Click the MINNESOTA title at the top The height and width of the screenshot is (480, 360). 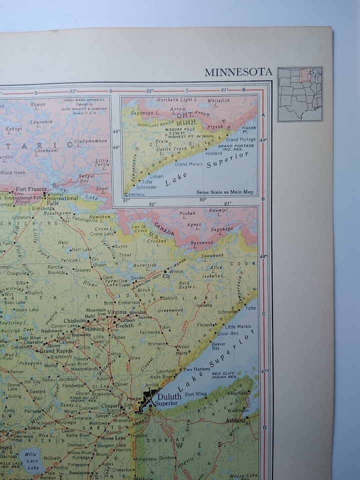point(238,72)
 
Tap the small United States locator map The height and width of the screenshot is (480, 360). point(300,94)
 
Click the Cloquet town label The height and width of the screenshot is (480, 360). point(110,406)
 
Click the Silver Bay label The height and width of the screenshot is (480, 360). point(228,333)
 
